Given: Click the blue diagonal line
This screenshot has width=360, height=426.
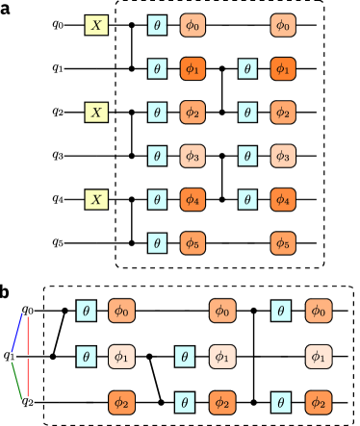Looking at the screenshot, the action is click(16, 333).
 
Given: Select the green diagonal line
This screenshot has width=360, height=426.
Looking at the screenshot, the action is click(16, 380).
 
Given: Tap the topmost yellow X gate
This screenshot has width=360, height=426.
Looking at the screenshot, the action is click(96, 25).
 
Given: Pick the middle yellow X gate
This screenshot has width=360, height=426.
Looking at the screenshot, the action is click(96, 113).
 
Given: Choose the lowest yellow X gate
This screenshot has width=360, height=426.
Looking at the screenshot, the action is click(96, 200).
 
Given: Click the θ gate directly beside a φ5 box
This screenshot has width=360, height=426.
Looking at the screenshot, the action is click(157, 243).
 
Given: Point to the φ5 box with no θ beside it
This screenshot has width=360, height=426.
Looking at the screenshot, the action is click(283, 243).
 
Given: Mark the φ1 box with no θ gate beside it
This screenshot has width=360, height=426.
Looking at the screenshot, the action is click(319, 357).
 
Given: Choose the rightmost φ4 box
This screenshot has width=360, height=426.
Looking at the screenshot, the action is click(283, 200).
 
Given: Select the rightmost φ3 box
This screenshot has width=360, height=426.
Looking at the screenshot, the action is click(283, 156).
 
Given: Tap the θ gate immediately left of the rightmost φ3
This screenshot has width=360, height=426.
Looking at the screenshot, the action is click(247, 156).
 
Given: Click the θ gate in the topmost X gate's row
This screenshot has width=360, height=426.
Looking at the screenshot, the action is click(157, 25).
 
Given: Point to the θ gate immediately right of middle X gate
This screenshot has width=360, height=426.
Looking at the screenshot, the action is click(157, 113).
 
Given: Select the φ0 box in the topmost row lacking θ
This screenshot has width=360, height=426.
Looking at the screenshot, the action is click(283, 25).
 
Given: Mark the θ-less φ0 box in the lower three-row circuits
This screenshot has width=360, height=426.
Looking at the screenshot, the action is click(222, 311).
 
